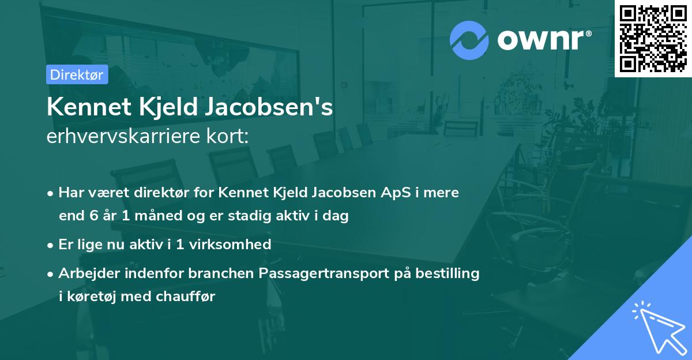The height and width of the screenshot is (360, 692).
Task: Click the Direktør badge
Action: tap(77, 74)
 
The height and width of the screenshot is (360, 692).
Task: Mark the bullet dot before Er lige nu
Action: tap(51, 245)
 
